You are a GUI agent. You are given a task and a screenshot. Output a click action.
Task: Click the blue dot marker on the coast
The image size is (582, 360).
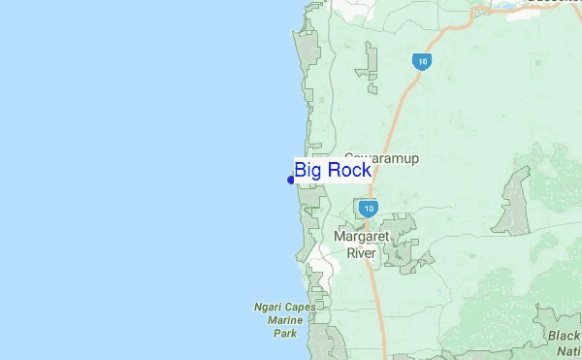291,180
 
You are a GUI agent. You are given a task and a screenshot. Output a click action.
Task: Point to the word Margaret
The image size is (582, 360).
361,237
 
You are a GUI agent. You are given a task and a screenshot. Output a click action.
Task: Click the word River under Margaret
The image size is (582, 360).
361,253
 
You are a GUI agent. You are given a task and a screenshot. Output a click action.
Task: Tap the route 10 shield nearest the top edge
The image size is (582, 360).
420,61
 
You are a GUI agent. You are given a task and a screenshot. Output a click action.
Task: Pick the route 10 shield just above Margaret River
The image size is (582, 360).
367,209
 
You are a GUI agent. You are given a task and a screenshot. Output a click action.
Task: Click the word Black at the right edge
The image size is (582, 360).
563,336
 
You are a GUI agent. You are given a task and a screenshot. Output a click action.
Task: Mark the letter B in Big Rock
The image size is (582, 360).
301,172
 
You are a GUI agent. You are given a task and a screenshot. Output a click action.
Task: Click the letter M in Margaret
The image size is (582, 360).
339,237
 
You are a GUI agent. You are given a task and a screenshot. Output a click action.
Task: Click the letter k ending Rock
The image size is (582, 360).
365,172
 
